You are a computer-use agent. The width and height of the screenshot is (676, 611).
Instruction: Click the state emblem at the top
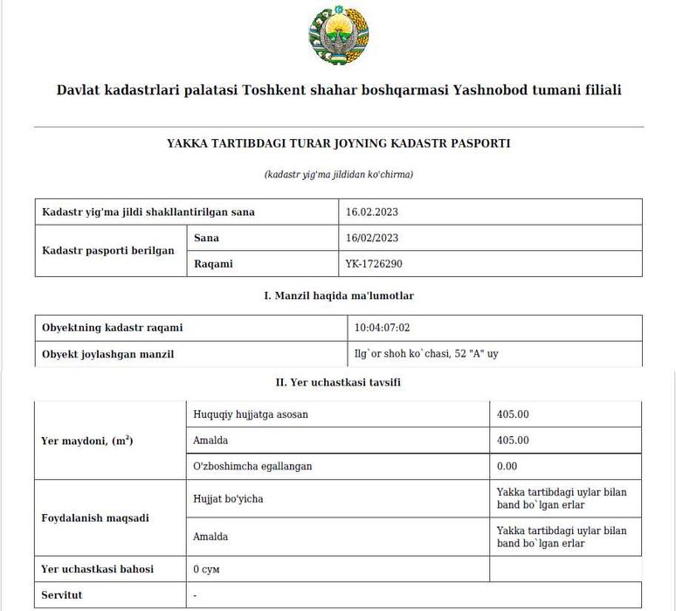[x=338, y=38]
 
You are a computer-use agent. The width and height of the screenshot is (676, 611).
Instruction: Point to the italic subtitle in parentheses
[x=338, y=174]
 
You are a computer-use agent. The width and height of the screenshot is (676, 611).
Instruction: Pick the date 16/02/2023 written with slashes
[x=372, y=238]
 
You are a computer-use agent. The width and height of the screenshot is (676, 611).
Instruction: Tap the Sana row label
[x=206, y=238]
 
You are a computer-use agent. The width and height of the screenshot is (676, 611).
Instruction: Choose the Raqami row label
[x=213, y=263]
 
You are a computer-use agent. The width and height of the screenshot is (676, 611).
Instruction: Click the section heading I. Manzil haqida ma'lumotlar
[x=338, y=295]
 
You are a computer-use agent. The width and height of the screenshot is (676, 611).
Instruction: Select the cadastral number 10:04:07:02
[x=382, y=328]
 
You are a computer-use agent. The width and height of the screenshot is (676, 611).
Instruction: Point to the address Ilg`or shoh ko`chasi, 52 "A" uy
[x=426, y=354]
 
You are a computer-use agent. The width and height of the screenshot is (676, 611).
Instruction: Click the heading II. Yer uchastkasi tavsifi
[x=338, y=383]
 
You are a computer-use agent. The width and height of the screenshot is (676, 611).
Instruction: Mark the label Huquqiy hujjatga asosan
[x=251, y=414]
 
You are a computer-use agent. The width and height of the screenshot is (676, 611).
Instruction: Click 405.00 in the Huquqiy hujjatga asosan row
[x=513, y=414]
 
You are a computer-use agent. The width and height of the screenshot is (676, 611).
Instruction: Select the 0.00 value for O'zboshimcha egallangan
[x=507, y=466]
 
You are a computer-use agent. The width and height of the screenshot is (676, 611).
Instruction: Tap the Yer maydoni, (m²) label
[x=87, y=441]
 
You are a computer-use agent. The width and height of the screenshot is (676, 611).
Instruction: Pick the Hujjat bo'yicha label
[x=228, y=498]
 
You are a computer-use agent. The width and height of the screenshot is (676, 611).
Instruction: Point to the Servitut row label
[x=66, y=594]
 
